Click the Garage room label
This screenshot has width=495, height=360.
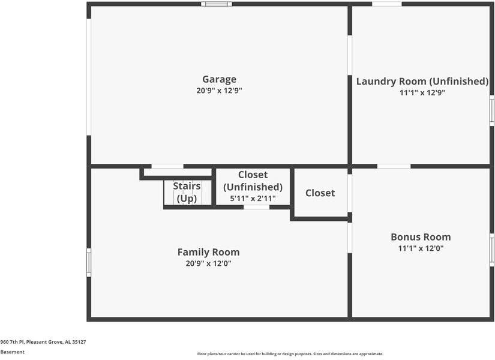(219, 79)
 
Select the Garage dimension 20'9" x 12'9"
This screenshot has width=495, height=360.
(219, 91)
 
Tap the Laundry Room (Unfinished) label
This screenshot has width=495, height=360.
(422, 82)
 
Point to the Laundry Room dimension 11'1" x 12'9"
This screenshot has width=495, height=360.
(422, 93)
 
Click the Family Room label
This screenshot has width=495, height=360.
(208, 252)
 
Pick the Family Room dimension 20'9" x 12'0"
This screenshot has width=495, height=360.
(208, 263)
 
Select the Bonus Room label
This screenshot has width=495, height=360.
(421, 237)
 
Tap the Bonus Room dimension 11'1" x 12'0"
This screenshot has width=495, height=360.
(421, 248)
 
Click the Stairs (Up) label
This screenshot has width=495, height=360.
(187, 193)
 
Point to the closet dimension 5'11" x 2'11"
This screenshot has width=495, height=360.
(253, 199)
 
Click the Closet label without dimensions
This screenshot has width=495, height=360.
(320, 193)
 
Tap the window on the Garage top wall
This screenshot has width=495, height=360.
(217, 4)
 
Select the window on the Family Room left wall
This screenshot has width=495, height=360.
(89, 262)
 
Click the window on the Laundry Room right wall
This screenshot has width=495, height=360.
(492, 110)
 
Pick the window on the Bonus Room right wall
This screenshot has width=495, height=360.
(492, 250)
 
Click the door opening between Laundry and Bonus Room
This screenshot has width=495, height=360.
(394, 166)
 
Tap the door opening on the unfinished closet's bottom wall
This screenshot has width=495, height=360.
(256, 207)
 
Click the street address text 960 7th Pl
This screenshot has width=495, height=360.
(13, 341)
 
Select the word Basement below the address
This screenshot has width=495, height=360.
(13, 352)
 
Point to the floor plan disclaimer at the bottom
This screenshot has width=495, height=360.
(290, 354)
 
